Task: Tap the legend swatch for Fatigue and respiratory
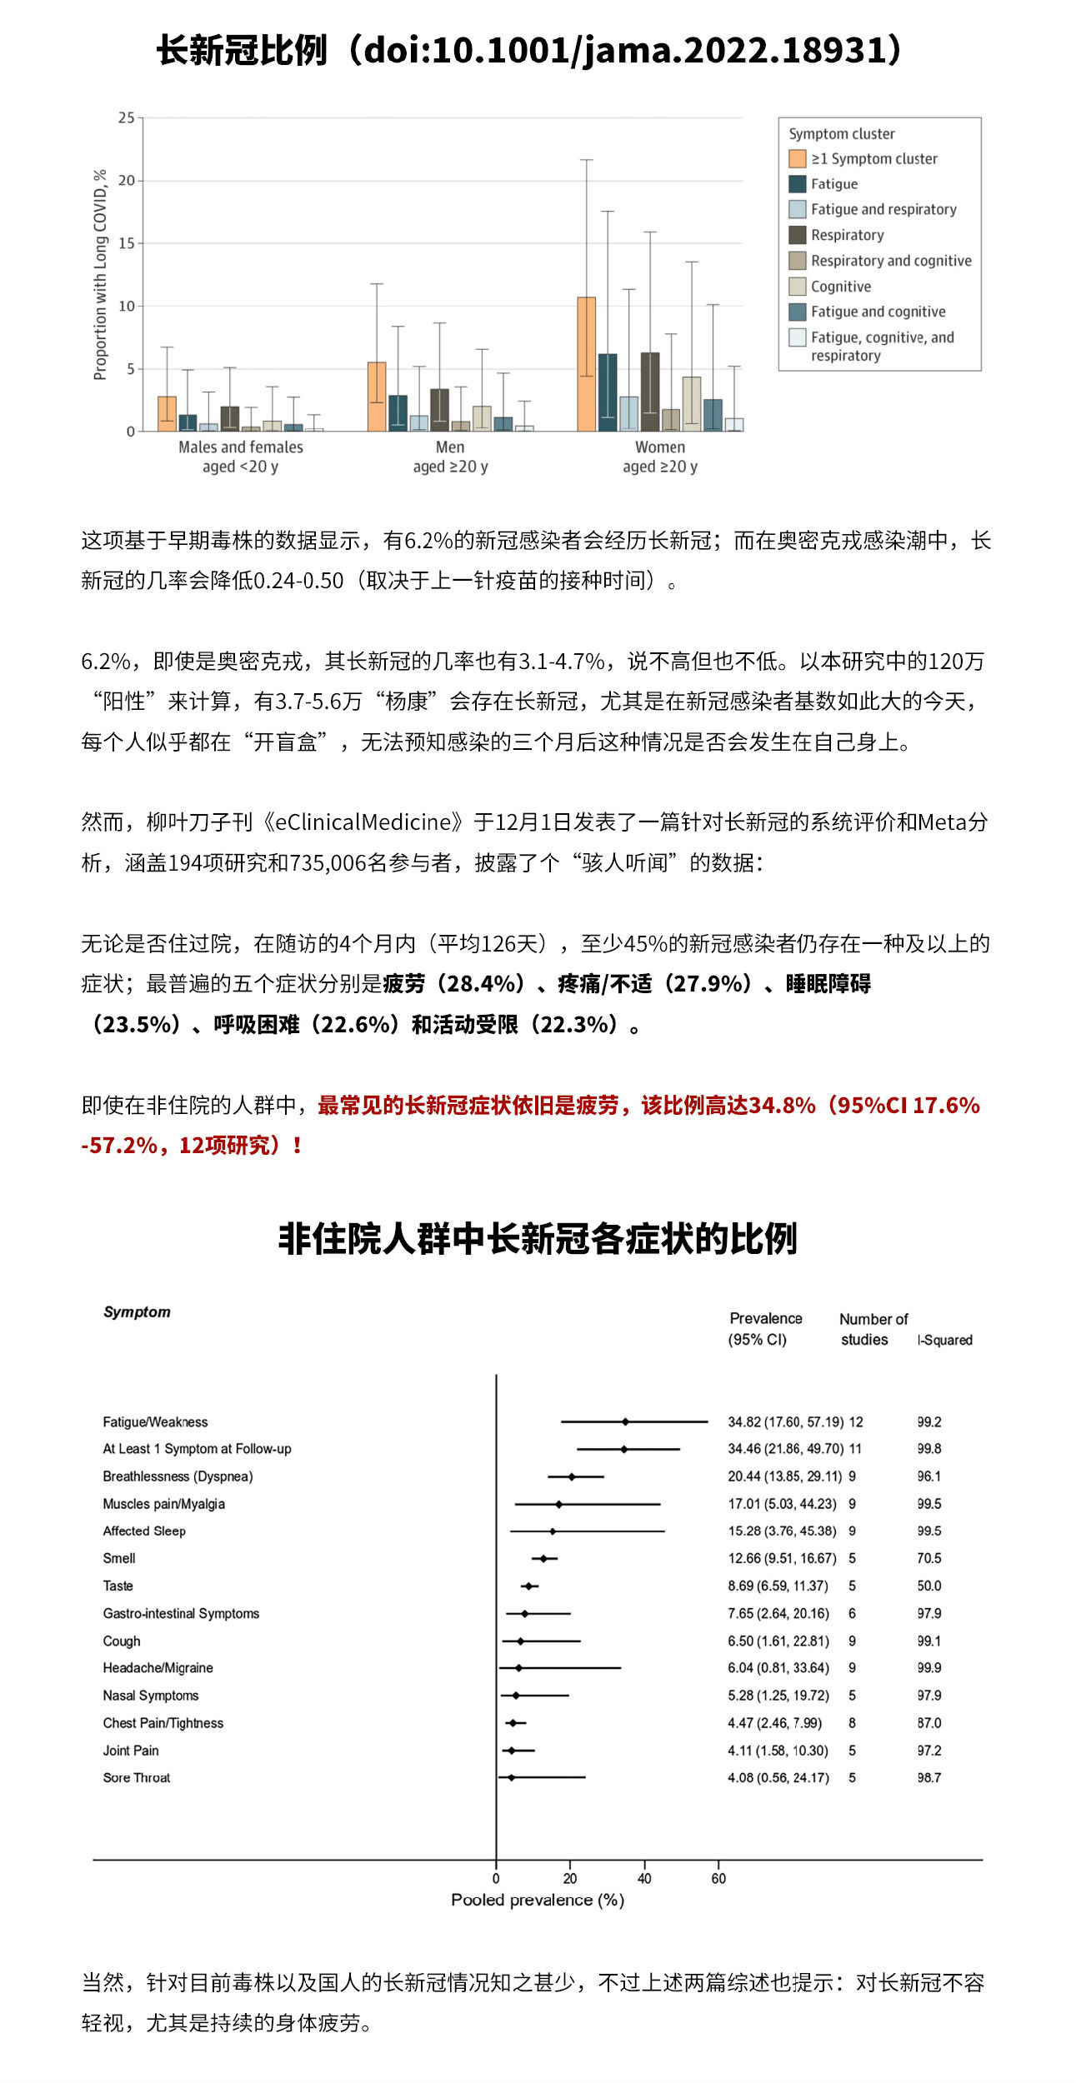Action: click(x=798, y=209)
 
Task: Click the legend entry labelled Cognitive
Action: click(x=840, y=287)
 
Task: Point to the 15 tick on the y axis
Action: click(x=127, y=243)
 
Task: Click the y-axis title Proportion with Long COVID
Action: click(x=101, y=275)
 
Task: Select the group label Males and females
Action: click(x=241, y=447)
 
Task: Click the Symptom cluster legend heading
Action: click(x=841, y=134)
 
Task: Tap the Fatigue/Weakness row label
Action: click(x=155, y=1422)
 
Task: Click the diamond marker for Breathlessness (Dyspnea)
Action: click(x=572, y=1477)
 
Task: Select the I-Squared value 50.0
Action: click(x=928, y=1586)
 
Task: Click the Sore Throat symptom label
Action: click(x=137, y=1778)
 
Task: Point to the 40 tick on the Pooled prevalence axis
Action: click(x=644, y=1879)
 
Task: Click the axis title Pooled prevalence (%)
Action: click(x=538, y=1901)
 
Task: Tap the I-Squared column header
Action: click(x=945, y=1341)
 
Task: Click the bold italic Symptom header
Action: click(x=137, y=1312)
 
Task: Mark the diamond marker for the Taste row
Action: click(x=528, y=1586)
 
